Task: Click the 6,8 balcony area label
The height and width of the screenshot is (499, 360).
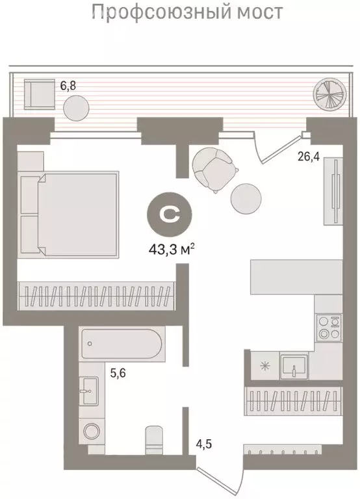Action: tap(68, 86)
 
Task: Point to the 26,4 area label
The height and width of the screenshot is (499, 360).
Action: tap(309, 156)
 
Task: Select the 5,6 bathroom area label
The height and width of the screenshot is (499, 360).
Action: tap(118, 372)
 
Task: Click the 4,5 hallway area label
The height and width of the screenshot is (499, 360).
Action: tap(203, 443)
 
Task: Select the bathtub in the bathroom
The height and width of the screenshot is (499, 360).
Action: tap(122, 344)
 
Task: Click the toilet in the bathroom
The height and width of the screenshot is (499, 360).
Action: tap(154, 441)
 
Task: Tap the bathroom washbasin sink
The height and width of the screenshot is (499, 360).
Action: tap(88, 390)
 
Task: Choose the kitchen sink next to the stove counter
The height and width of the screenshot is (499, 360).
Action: tap(294, 366)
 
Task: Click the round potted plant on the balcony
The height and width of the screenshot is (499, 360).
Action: tap(329, 94)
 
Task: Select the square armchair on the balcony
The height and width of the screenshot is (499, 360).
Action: tap(39, 94)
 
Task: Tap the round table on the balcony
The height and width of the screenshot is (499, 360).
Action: tap(76, 109)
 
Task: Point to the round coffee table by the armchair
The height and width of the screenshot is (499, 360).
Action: tap(246, 198)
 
